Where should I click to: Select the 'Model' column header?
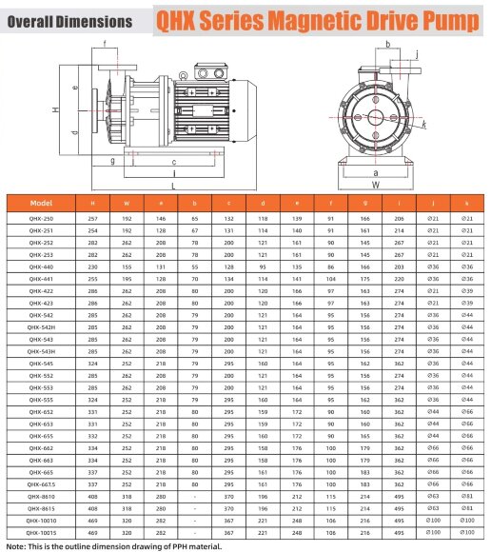(x=41, y=203)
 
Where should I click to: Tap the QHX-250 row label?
(x=41, y=219)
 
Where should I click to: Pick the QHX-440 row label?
(x=41, y=269)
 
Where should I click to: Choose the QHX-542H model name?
(x=41, y=326)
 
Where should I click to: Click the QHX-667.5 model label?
(x=41, y=484)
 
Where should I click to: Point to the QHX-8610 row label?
(x=41, y=497)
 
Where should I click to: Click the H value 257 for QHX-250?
(x=92, y=219)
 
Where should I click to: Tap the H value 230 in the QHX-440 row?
(x=92, y=269)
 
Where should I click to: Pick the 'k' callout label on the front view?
(x=422, y=124)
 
